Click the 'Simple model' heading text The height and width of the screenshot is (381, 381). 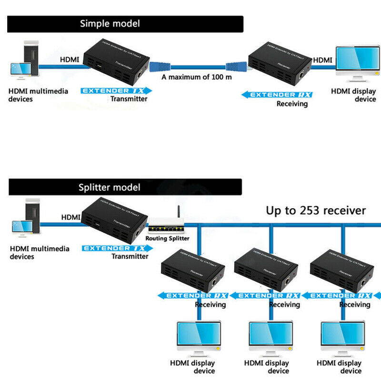coord(110,24)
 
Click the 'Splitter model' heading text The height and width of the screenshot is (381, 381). coord(110,187)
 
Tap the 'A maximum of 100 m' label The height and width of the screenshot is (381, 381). coord(197,77)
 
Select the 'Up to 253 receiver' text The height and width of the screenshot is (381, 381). coord(316,210)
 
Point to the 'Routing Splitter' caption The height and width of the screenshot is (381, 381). coord(168,238)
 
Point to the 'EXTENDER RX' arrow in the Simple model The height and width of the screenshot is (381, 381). coord(277,95)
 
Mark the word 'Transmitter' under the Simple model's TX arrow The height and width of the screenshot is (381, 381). coord(129,99)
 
